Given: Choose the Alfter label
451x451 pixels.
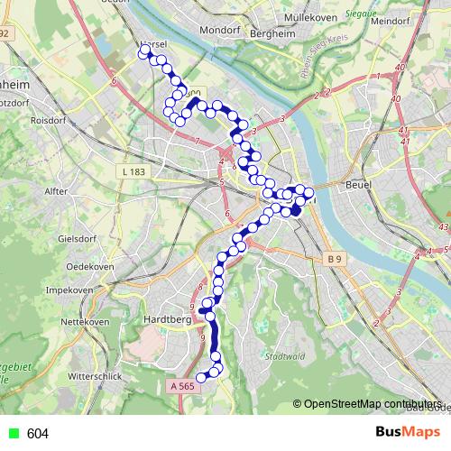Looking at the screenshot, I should coord(56,191).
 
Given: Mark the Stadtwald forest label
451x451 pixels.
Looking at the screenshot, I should coord(284,356).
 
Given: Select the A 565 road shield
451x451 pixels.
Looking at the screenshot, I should coord(180,386).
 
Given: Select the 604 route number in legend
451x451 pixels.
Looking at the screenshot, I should coord(38,434).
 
